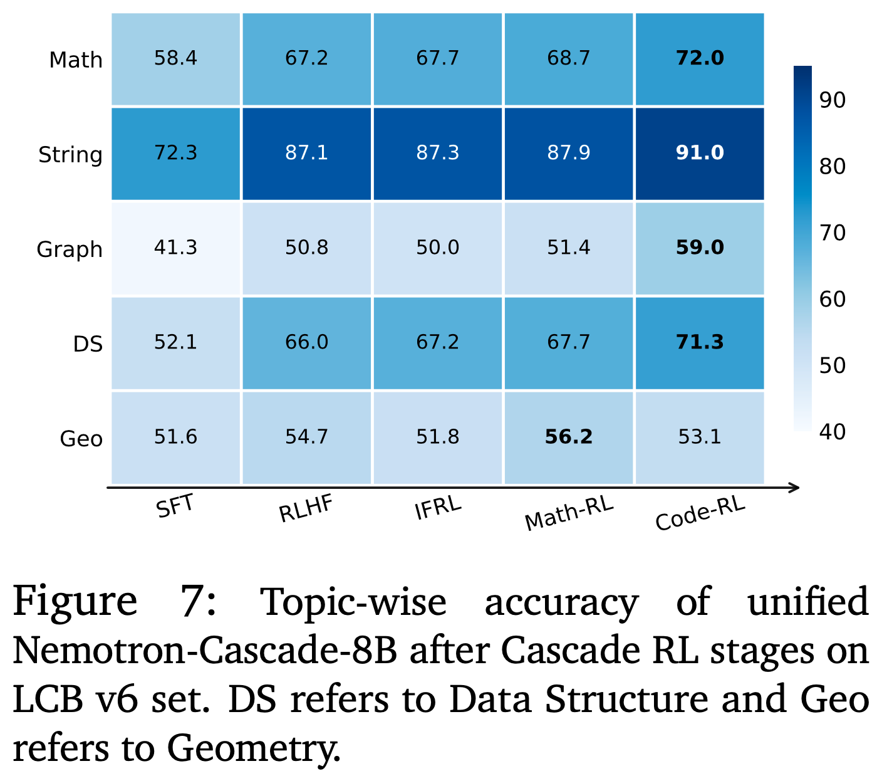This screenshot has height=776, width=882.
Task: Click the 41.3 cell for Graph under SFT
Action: click(x=175, y=248)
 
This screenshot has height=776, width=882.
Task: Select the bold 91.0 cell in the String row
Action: click(x=699, y=154)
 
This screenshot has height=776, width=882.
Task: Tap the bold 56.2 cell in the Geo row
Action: click(x=568, y=438)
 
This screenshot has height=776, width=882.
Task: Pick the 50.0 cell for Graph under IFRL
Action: click(x=437, y=248)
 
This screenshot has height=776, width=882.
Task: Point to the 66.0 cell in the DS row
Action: click(x=306, y=343)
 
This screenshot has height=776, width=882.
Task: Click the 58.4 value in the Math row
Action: click(x=175, y=58)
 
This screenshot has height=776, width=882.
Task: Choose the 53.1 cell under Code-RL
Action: click(x=699, y=438)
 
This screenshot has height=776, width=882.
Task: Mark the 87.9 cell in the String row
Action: click(x=568, y=154)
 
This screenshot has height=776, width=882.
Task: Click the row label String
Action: click(x=71, y=155)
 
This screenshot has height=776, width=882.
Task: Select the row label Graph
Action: click(x=70, y=249)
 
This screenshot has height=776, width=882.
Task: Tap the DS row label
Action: click(x=88, y=344)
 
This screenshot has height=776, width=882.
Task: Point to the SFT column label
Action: click(x=175, y=506)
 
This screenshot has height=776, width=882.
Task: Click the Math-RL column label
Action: click(x=569, y=513)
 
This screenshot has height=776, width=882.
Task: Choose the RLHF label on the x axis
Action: click(x=306, y=508)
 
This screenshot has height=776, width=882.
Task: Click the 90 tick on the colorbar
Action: click(x=832, y=100)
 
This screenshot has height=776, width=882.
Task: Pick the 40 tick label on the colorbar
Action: click(x=832, y=432)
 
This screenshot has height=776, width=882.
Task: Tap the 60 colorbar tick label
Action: click(x=832, y=300)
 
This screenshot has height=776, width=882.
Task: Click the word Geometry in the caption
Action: click(x=253, y=750)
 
